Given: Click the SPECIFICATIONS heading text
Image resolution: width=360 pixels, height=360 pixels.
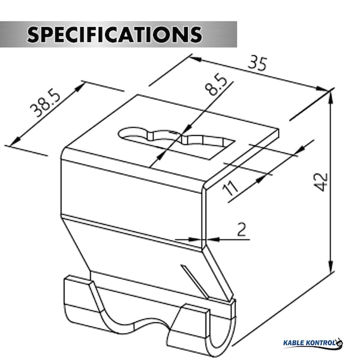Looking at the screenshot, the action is point(115,34).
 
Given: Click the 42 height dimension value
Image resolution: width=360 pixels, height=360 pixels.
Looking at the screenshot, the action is point(321,182).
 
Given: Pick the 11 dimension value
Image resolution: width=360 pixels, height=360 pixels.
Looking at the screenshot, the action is point(230,188).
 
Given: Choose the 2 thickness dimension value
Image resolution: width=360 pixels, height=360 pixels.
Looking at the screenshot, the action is point(241,229).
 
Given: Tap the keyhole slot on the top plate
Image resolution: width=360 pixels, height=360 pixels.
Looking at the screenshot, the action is point(176,142).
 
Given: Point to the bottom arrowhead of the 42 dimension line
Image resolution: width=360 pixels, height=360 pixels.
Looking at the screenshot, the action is point(331,266).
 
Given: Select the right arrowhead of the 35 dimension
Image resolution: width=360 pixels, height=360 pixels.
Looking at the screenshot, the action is point(322,89).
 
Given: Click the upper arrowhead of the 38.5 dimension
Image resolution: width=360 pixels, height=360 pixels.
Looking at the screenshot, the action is point(79,87).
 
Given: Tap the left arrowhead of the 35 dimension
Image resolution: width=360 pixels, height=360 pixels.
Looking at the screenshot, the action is point(196,59).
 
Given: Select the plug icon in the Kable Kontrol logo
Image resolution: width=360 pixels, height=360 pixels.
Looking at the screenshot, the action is point(339,342).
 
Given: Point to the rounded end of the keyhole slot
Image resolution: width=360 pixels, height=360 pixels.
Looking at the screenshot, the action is point(128,133).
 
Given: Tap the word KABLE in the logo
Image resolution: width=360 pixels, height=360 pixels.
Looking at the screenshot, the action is point(295,343).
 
